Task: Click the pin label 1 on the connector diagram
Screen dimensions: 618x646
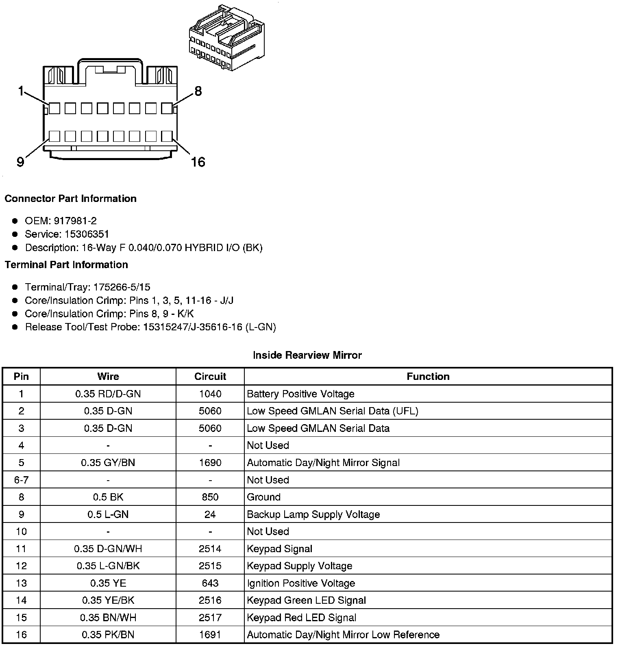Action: tap(21, 91)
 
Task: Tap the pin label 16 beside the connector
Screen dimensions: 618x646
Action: tap(198, 162)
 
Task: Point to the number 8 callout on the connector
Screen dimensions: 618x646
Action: tap(198, 91)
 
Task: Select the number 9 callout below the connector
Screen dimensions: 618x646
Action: tap(20, 162)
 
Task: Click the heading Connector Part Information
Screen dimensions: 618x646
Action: tap(70, 199)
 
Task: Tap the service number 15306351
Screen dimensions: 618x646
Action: tap(87, 234)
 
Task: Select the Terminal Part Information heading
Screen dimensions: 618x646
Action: tap(66, 265)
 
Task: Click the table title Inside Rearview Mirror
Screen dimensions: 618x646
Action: tap(307, 356)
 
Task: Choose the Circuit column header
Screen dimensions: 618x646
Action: tap(210, 377)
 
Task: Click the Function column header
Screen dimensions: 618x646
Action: tap(428, 377)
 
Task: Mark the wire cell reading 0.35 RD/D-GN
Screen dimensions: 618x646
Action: tap(108, 394)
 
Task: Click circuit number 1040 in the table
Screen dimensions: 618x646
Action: tap(210, 394)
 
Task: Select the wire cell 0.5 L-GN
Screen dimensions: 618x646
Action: tap(108, 514)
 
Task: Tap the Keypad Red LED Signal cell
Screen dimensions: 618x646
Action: tap(301, 618)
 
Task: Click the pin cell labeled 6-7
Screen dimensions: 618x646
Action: tap(21, 480)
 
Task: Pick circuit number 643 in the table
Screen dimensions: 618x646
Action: tap(210, 583)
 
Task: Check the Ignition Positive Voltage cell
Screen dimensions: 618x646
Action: tap(301, 583)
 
